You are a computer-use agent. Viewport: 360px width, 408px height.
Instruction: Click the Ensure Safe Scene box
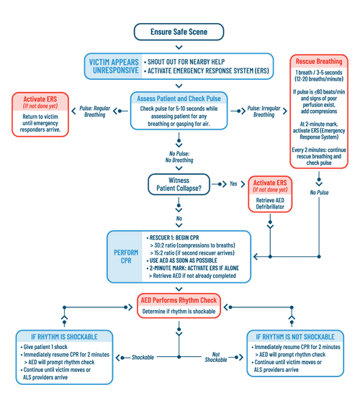pyautogui.click(x=179, y=31)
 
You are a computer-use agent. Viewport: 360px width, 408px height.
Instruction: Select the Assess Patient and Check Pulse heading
pyautogui.click(x=179, y=98)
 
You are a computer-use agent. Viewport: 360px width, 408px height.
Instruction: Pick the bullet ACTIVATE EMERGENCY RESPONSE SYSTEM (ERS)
pyautogui.click(x=207, y=72)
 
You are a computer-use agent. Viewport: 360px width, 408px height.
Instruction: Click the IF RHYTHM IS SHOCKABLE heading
pyautogui.click(x=64, y=337)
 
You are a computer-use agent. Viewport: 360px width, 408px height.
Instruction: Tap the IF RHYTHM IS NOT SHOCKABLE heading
pyautogui.click(x=293, y=337)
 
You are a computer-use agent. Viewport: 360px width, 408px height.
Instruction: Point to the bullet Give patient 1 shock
pyautogui.click(x=51, y=347)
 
